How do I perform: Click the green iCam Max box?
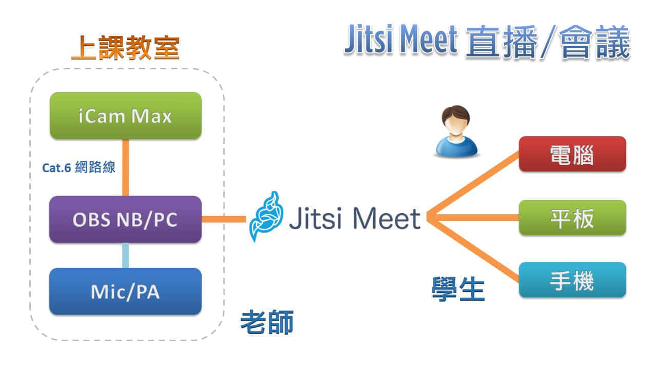[x=125, y=116]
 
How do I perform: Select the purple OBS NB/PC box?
[x=125, y=219]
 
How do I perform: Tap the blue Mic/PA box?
[x=125, y=291]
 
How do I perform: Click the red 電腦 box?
[x=572, y=154]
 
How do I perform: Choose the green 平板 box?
[x=572, y=218]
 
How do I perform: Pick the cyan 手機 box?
[x=572, y=280]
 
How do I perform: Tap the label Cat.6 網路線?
[x=79, y=168]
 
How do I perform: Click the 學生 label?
[x=458, y=289]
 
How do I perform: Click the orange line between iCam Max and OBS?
[x=125, y=168]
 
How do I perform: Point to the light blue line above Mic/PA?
[x=125, y=255]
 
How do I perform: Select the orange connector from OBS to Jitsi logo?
[x=224, y=219]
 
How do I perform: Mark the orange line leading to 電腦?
[x=472, y=185]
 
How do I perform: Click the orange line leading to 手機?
[x=472, y=250]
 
